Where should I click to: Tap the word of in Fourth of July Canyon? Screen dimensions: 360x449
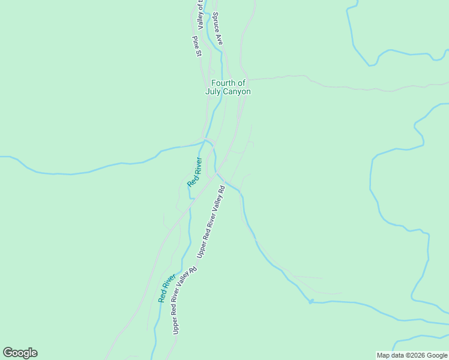(x=241, y=83)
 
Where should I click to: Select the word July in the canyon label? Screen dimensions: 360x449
(x=214, y=92)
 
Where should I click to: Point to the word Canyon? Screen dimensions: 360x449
(x=237, y=92)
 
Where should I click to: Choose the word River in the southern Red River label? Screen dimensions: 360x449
(x=169, y=281)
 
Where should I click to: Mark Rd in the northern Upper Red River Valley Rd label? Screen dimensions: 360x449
(x=221, y=189)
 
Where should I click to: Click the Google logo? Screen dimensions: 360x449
(x=20, y=353)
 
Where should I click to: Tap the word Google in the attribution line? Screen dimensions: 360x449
(x=438, y=355)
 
